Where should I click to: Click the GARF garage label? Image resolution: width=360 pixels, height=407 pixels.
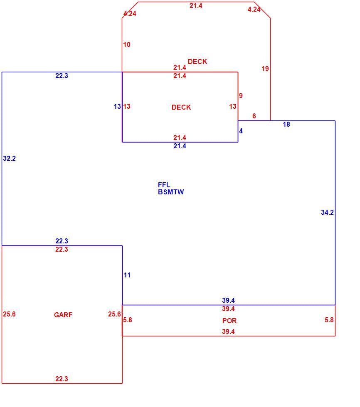click(63, 315)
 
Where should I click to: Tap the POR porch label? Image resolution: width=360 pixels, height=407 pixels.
click(229, 321)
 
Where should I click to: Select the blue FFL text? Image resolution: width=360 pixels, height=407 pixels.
click(164, 185)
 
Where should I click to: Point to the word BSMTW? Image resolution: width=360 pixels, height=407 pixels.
click(171, 192)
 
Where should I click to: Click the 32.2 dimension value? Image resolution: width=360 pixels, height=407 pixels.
click(9, 158)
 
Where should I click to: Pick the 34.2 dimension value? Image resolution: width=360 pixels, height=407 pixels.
click(327, 212)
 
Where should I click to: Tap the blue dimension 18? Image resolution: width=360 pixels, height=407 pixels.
click(286, 124)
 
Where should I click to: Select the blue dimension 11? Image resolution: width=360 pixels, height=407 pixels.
click(127, 275)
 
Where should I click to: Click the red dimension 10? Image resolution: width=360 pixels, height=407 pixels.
click(127, 45)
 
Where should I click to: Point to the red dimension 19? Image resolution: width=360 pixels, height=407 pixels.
click(265, 69)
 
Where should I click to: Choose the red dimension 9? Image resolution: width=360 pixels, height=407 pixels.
click(241, 96)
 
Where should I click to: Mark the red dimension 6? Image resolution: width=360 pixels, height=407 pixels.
click(254, 116)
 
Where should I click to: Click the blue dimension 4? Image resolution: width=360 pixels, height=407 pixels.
click(241, 131)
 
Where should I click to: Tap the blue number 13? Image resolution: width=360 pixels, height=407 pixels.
click(117, 106)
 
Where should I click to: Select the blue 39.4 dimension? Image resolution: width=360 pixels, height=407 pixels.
click(228, 300)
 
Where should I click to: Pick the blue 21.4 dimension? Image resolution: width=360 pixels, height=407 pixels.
click(180, 146)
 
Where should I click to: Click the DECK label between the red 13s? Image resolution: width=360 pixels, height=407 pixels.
click(181, 107)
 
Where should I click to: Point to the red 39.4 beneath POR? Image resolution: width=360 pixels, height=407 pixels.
click(228, 331)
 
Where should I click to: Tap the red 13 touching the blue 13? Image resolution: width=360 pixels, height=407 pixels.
click(127, 106)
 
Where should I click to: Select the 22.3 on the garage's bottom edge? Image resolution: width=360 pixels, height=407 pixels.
click(62, 379)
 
